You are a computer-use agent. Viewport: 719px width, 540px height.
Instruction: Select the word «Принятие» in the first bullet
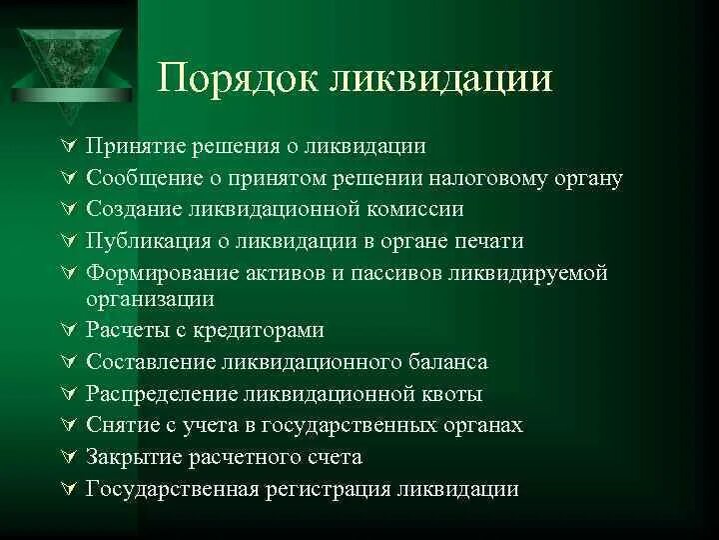coord(128,147)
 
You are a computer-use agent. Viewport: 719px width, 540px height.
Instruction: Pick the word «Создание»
coord(130,210)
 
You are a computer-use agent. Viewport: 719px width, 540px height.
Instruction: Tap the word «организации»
coord(150,298)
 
